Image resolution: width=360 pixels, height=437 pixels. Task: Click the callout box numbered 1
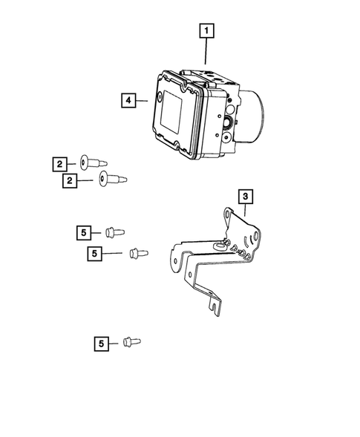(x=206, y=32)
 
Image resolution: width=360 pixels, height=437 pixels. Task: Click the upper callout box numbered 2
(x=59, y=163)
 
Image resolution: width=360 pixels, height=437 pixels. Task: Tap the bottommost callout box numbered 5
(x=102, y=343)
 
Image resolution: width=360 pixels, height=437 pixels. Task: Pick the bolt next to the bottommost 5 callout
(x=131, y=342)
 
